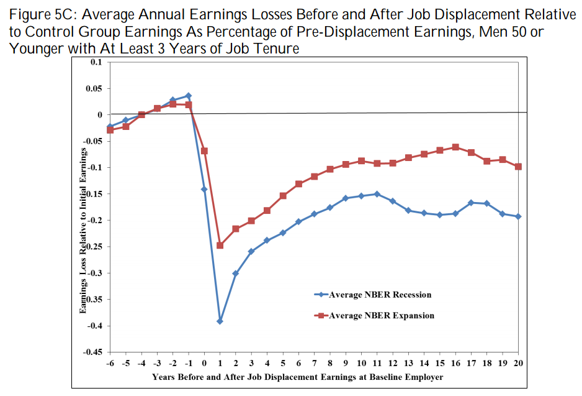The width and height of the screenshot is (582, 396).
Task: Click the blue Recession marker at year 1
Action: click(x=220, y=321)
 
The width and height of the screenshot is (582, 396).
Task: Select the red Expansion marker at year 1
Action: click(x=220, y=246)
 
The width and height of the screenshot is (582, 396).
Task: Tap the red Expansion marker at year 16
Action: click(x=455, y=147)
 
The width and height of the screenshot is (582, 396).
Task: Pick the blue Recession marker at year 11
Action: click(x=377, y=194)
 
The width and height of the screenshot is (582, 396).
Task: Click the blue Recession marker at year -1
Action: click(x=188, y=96)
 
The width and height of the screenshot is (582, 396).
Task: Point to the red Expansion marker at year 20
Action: click(x=518, y=167)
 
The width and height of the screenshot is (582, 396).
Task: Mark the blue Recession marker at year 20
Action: click(x=518, y=216)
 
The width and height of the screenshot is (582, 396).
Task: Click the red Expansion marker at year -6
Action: click(x=110, y=130)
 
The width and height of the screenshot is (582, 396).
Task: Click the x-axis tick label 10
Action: click(x=361, y=364)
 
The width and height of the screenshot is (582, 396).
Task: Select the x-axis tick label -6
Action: click(x=110, y=364)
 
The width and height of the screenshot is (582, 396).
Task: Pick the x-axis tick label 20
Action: click(x=518, y=364)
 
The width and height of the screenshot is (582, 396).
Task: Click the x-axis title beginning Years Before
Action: click(x=298, y=377)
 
